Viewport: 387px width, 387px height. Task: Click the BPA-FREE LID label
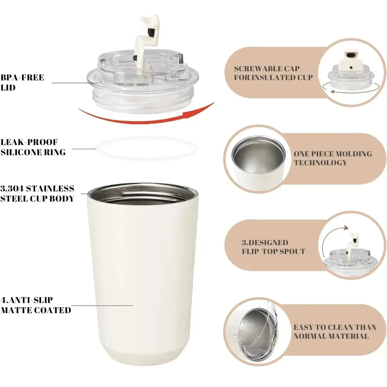click(22, 82)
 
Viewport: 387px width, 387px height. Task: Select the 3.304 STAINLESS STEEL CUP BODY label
click(37, 193)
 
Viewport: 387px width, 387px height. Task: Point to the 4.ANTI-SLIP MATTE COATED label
click(36, 305)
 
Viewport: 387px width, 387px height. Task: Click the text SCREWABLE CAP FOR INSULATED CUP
click(273, 73)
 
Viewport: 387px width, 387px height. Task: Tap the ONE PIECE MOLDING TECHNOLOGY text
click(333, 158)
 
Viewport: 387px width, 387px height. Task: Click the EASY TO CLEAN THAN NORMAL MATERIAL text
click(335, 331)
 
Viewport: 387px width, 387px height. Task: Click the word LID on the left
click(8, 87)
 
